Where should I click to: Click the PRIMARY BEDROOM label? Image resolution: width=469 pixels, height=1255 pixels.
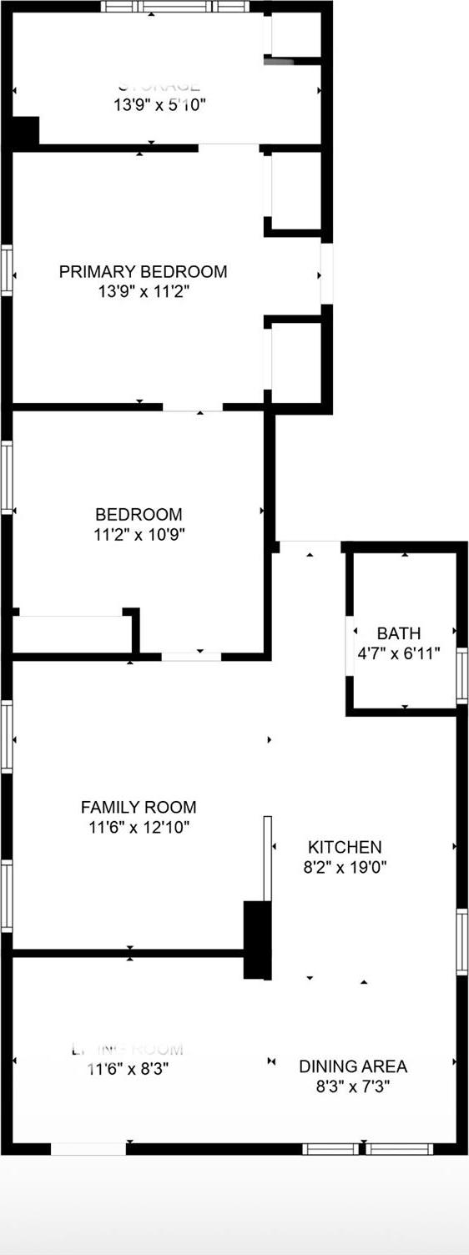pyautogui.click(x=143, y=271)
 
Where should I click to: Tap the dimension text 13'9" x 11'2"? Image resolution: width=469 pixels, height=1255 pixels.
pyautogui.click(x=143, y=292)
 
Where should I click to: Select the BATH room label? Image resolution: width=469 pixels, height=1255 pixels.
pyautogui.click(x=398, y=633)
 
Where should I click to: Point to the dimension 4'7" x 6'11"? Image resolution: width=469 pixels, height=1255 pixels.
pyautogui.click(x=398, y=653)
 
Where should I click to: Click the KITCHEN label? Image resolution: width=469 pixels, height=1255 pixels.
pyautogui.click(x=345, y=847)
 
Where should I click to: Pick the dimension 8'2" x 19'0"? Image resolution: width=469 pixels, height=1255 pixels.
pyautogui.click(x=345, y=867)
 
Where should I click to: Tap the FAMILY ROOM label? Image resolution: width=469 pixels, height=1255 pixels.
pyautogui.click(x=139, y=807)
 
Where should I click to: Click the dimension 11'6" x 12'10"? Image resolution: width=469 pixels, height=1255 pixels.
pyautogui.click(x=139, y=828)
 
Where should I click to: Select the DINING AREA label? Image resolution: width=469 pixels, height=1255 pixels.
pyautogui.click(x=353, y=1066)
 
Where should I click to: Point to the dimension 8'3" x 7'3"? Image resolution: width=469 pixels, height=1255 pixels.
pyautogui.click(x=353, y=1087)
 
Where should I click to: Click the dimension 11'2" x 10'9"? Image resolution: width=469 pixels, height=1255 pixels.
pyautogui.click(x=139, y=535)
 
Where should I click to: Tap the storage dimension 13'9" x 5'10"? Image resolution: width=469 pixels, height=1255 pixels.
pyautogui.click(x=159, y=105)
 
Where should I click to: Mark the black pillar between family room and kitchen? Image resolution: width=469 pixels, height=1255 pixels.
pyautogui.click(x=257, y=940)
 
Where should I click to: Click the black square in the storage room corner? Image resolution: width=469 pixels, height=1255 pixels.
pyautogui.click(x=25, y=132)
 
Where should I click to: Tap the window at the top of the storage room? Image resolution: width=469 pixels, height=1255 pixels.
pyautogui.click(x=175, y=6)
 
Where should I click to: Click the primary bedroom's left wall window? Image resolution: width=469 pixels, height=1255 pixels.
pyautogui.click(x=7, y=270)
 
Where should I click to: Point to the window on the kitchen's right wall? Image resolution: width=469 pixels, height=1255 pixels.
pyautogui.click(x=461, y=941)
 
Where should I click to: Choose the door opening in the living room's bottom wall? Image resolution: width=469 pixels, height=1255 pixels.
pyautogui.click(x=88, y=1149)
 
